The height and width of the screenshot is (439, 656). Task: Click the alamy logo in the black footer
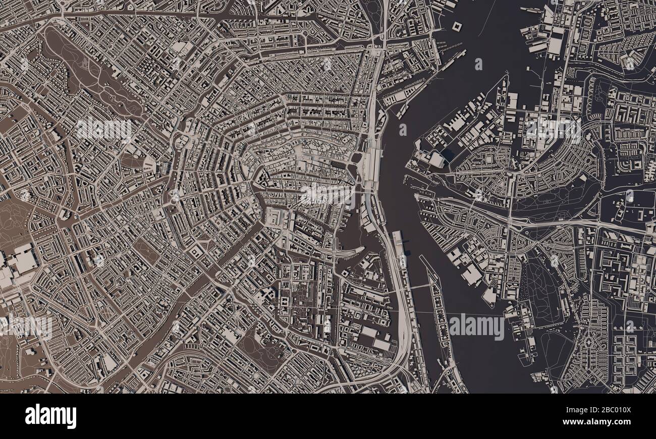pos(50,416)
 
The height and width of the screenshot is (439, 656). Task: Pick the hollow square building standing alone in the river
pos(458,26)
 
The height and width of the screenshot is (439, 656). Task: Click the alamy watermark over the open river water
pos(476,326)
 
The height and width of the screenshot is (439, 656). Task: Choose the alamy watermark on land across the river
pos(553,130)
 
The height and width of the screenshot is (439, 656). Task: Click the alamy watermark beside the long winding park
pos(104,130)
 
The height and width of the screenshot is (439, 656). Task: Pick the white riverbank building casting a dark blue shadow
pos(434,159)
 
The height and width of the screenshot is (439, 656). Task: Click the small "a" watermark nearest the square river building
pos(478,64)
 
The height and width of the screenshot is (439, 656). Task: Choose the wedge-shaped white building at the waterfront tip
pos(488,296)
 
